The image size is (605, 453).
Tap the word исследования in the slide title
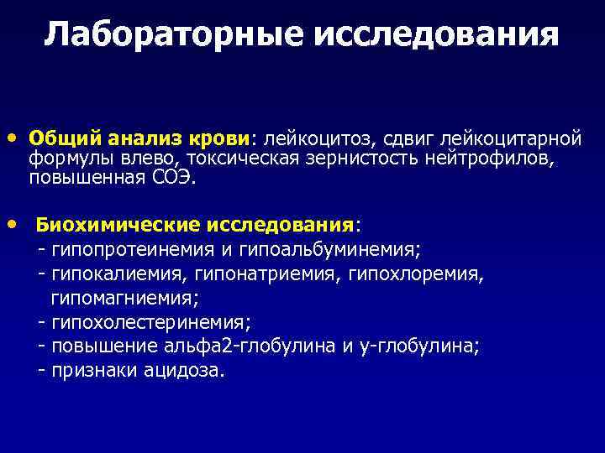tap(435, 35)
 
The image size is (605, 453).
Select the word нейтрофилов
tap(491, 158)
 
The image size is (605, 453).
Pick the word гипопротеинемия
tap(135, 249)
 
